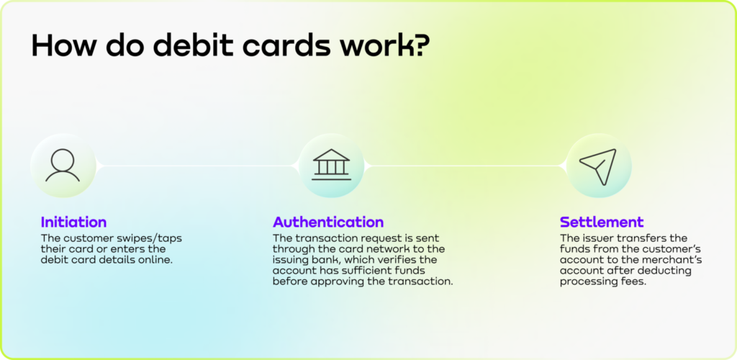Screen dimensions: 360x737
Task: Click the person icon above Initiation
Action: (63, 166)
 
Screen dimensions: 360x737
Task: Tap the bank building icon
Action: (332, 166)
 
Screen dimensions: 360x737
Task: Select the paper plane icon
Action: (599, 166)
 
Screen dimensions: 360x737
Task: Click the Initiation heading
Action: (73, 222)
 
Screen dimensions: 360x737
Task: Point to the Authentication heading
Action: (328, 222)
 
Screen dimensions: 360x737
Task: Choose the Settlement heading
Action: (602, 222)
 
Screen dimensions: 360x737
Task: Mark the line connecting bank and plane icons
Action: (465, 166)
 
